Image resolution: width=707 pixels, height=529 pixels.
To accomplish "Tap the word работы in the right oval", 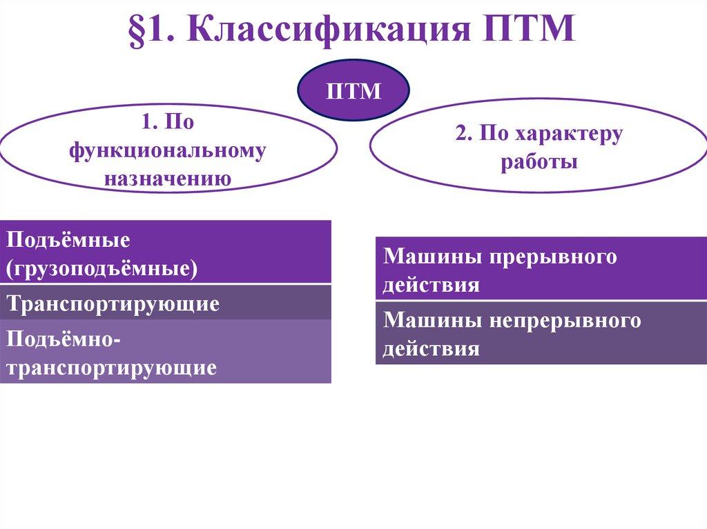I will pos(539,163).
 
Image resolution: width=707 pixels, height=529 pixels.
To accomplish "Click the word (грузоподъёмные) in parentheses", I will pos(103,268).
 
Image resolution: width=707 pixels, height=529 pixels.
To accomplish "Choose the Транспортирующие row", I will pos(114,303).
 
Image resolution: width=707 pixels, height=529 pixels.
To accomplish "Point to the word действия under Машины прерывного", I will pos(432,284).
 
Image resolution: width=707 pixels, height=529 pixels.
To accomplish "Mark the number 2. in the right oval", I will pos(463,134).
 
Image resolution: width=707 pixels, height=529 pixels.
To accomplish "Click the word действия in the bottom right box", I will pos(432,348).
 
